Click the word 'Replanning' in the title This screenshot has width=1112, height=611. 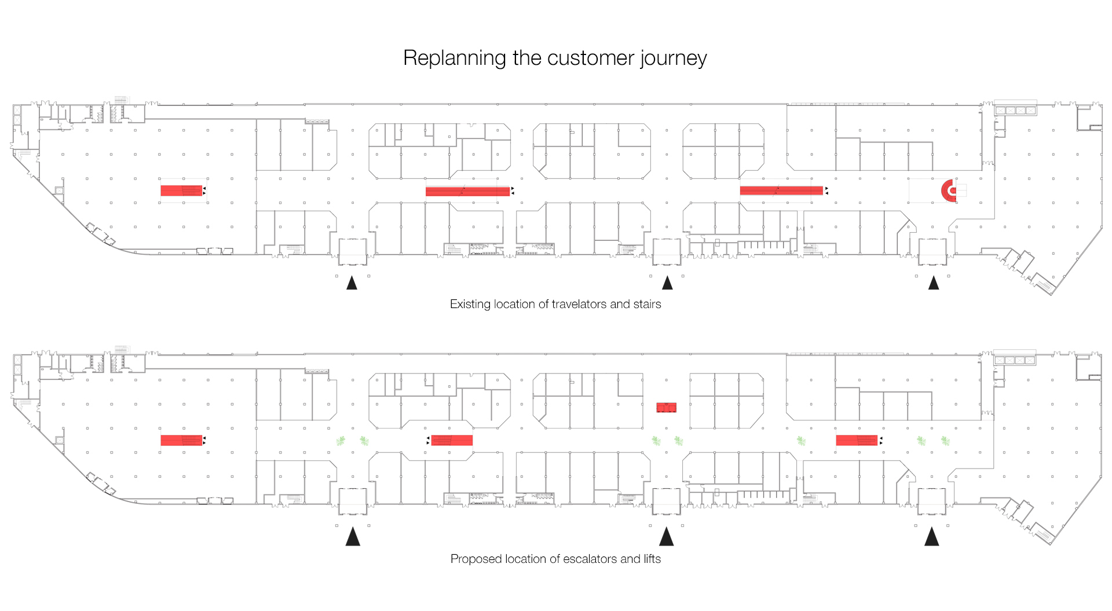click(x=455, y=58)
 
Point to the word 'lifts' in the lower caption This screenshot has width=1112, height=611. click(x=652, y=559)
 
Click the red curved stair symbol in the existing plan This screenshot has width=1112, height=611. click(x=948, y=190)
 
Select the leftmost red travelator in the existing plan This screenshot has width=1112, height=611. click(x=181, y=191)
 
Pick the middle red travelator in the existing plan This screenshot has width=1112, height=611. click(x=468, y=191)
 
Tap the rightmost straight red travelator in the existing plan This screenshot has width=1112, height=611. click(x=781, y=190)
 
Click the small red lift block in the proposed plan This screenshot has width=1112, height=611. click(x=666, y=407)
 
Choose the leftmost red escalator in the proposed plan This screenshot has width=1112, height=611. click(x=181, y=440)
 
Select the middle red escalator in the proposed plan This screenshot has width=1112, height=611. click(x=452, y=440)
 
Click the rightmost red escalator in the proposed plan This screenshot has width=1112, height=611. click(x=857, y=440)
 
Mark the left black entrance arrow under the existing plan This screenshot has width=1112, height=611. click(x=352, y=283)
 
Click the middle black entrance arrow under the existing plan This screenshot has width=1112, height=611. click(x=667, y=283)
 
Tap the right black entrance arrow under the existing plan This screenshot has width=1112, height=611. click(x=934, y=283)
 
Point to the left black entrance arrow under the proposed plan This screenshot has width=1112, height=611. click(x=353, y=536)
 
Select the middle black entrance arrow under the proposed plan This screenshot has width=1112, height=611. click(x=667, y=536)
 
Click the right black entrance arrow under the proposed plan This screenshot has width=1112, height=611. click(x=932, y=536)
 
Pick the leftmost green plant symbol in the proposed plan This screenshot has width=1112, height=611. click(x=341, y=441)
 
